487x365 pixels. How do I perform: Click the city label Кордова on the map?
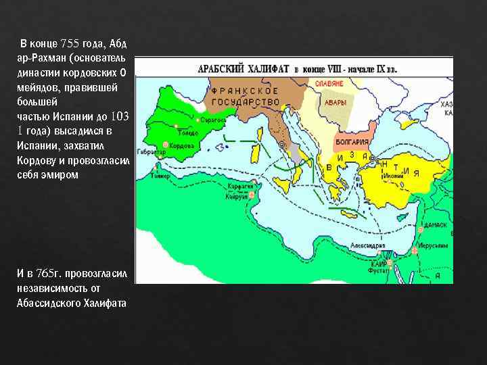182,145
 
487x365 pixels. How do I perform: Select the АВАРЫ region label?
335,103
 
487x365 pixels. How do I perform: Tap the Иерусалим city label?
430,247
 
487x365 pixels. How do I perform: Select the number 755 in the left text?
70,43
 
